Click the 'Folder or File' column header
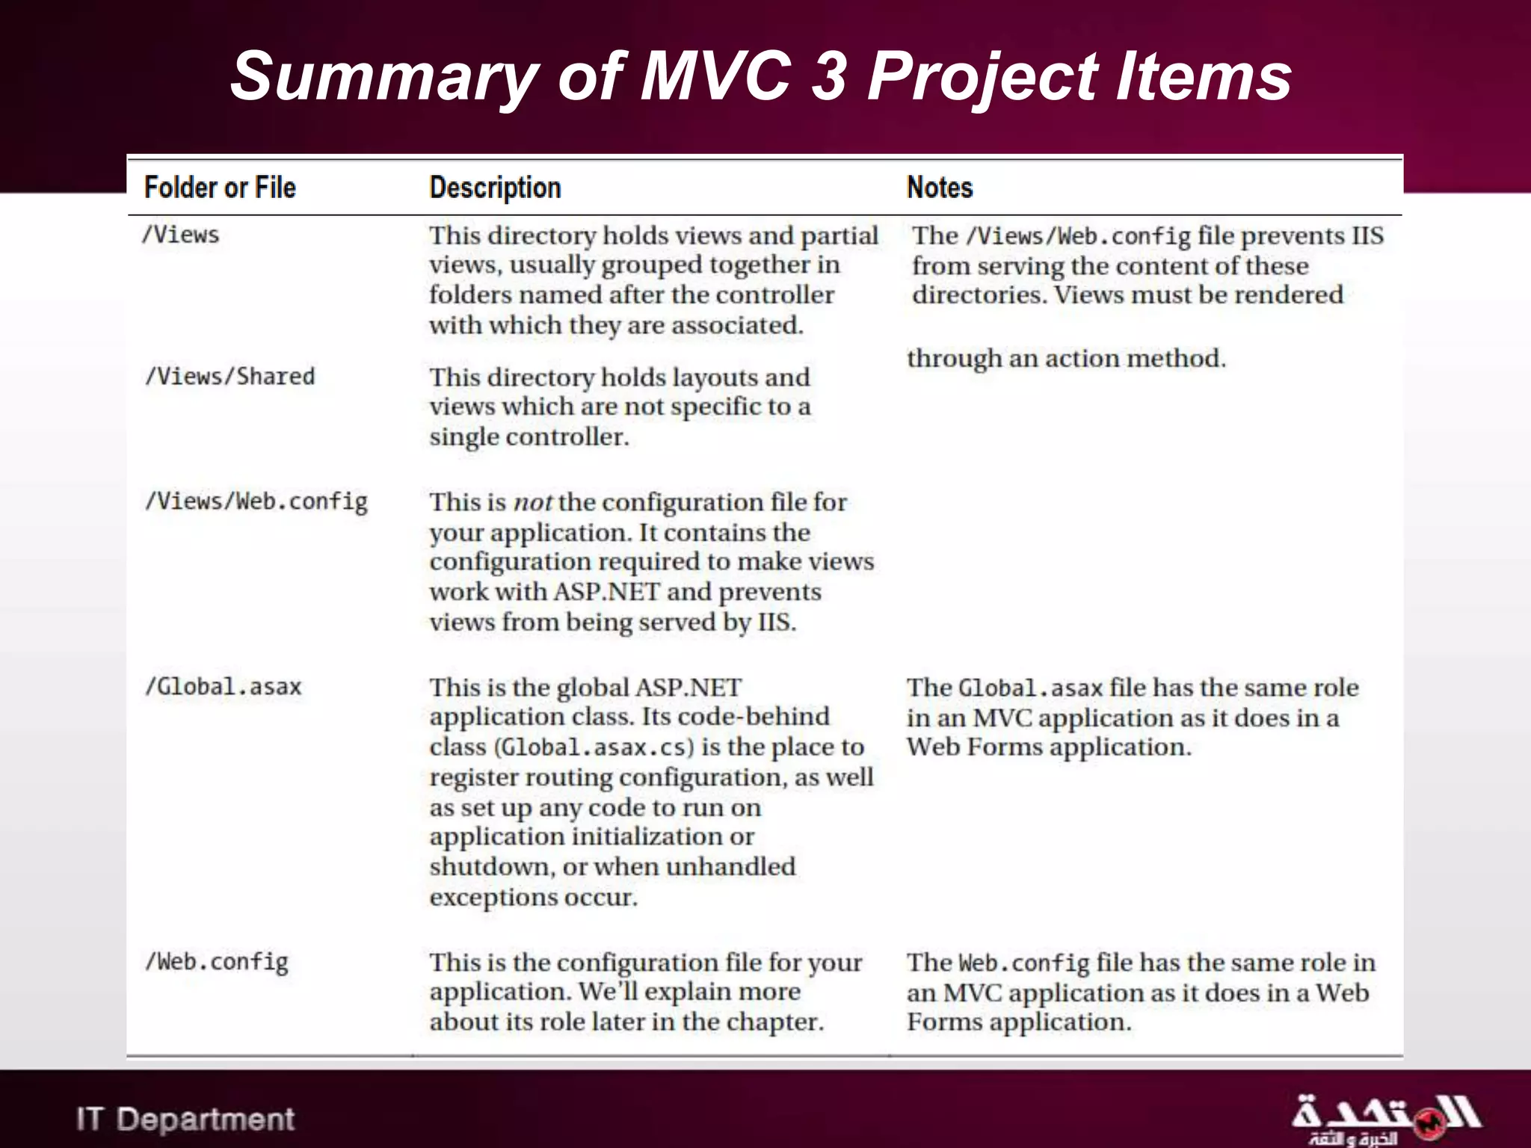220,188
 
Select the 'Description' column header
495,188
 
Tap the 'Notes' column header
940,188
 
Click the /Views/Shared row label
230,376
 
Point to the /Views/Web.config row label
256,502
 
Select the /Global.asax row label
224,687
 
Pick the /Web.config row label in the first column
217,962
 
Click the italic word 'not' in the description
532,502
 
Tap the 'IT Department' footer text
185,1119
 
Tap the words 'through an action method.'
1066,359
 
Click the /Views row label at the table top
181,235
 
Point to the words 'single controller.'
529,437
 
